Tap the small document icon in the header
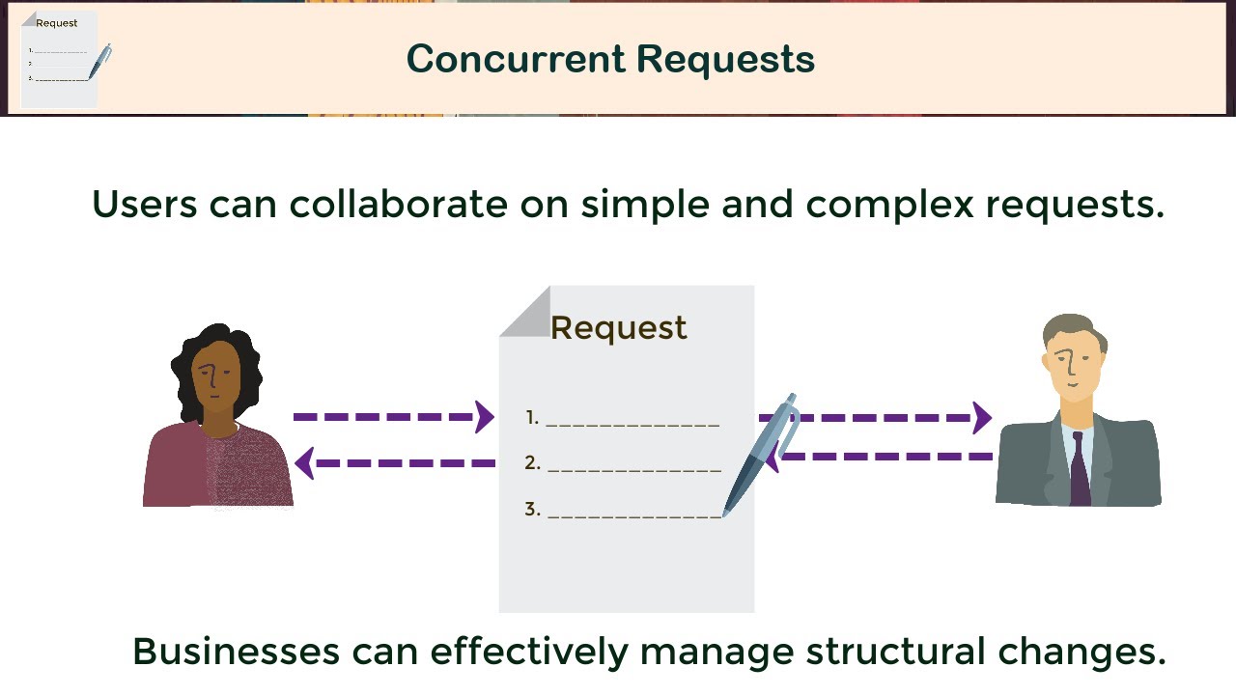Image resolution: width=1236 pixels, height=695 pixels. pos(59,60)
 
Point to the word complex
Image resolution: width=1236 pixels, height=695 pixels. pos(889,205)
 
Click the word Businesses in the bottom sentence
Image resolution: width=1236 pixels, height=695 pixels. pos(236,651)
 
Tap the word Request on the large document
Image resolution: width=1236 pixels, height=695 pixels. pos(619,328)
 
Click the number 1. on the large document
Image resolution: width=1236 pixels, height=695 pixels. pos(532,418)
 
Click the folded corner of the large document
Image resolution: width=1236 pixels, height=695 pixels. pos(523,312)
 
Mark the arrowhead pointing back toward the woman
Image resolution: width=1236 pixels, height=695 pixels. pos(305,463)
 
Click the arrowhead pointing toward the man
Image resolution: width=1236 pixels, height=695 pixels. pos(982,418)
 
